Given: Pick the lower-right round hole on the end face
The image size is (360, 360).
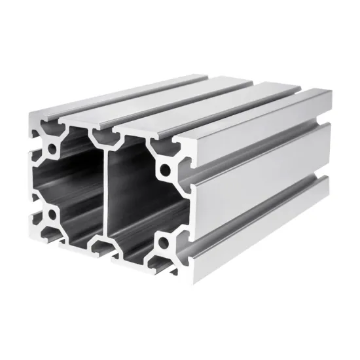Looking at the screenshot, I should point(162,247).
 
